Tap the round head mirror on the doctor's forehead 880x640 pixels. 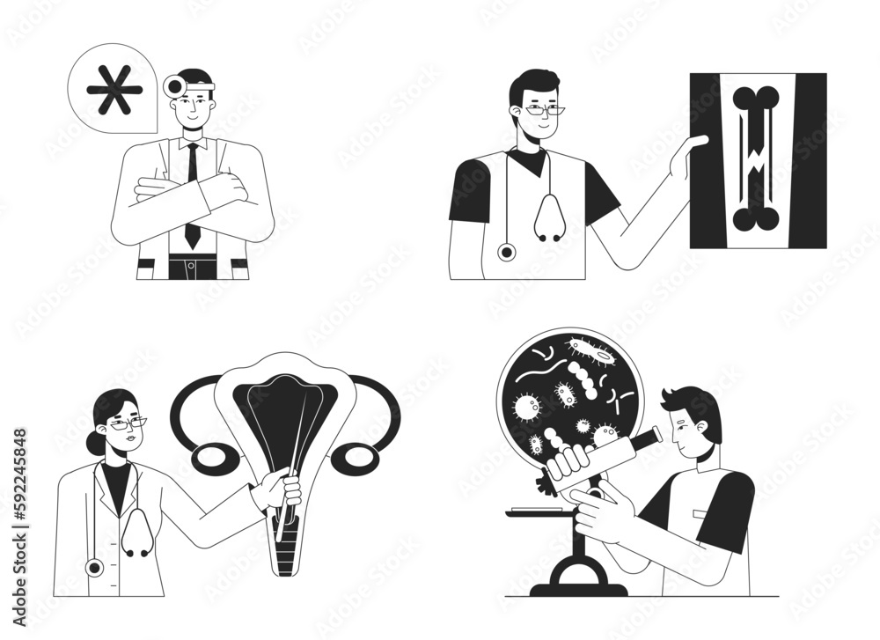[174, 85]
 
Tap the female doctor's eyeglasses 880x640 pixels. [128, 424]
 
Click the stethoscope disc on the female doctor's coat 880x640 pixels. [94, 567]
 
